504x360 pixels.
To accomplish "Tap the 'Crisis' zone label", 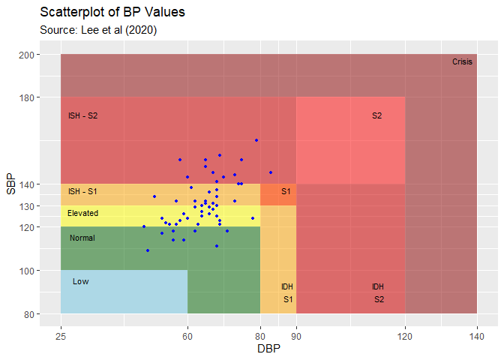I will point(462,62).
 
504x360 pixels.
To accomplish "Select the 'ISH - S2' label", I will point(82,115).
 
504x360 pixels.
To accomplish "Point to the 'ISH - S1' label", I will point(82,191).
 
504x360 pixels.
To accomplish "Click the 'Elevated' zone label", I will point(82,214).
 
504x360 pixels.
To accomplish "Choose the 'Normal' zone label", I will point(82,238).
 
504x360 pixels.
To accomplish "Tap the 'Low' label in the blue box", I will point(81,281).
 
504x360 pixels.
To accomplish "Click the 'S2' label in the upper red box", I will point(376,115).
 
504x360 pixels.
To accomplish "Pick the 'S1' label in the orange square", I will point(286,191).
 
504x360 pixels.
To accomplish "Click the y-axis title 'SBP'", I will point(10,184).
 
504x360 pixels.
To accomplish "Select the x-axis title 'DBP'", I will point(268,349).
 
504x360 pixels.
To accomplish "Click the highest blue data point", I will point(256,140).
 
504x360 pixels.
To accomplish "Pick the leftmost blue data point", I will point(144,226).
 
